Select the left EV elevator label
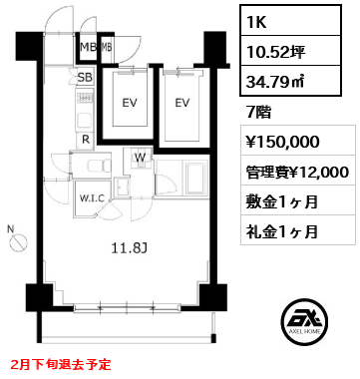[128, 102]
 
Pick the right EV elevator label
[182, 102]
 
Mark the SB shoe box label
[85, 77]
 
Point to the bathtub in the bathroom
[190, 185]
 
